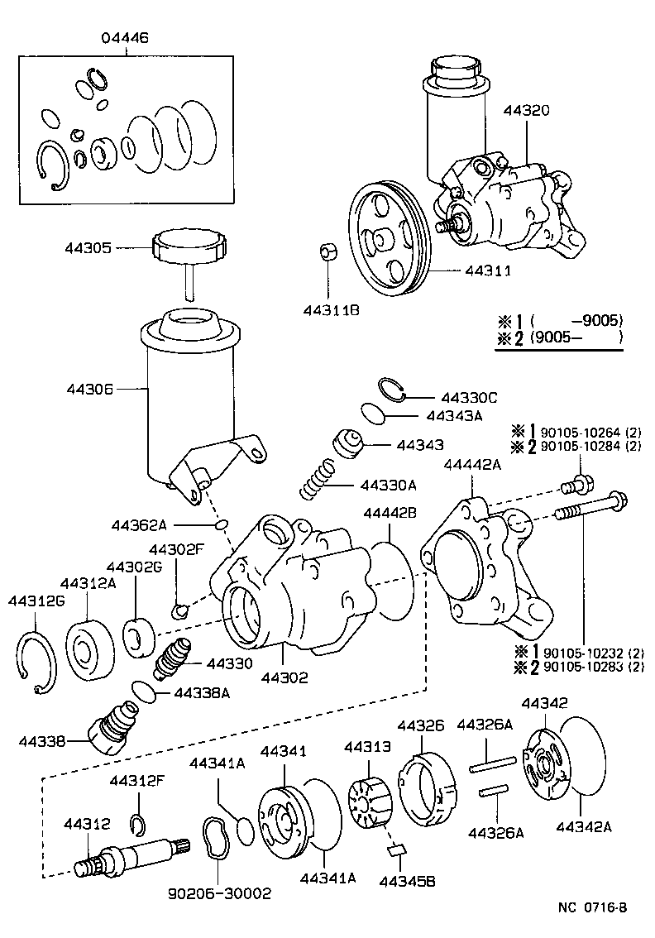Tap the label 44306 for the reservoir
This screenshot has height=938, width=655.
[92, 387]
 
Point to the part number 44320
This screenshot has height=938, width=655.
[524, 111]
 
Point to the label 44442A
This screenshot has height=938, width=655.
[472, 465]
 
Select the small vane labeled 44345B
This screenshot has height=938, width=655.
[396, 848]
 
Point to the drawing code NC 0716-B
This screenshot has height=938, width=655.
[591, 907]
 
